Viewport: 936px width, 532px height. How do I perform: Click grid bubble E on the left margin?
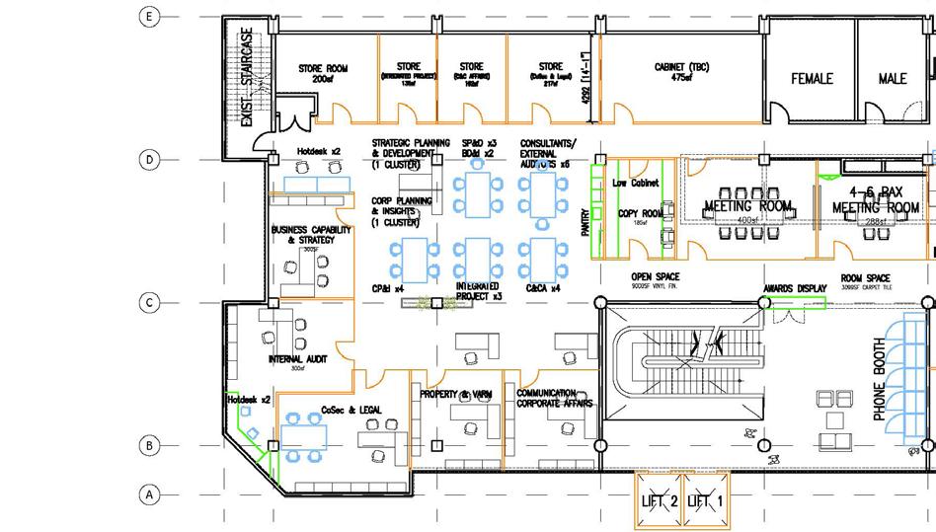click(x=150, y=17)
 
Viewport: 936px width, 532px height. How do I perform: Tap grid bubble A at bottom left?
click(x=150, y=494)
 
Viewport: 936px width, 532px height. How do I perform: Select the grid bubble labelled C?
click(x=150, y=303)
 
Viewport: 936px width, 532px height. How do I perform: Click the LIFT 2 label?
click(x=659, y=501)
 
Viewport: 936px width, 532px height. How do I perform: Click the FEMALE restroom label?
click(x=812, y=78)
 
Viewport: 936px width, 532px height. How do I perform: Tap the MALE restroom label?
click(x=893, y=78)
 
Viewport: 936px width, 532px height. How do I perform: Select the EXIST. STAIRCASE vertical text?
click(x=247, y=77)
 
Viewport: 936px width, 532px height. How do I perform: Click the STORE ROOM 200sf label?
click(x=324, y=73)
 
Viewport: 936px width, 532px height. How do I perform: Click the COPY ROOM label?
click(x=640, y=214)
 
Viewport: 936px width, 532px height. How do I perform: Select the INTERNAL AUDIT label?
click(x=297, y=359)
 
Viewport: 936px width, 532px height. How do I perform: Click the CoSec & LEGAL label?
click(x=351, y=410)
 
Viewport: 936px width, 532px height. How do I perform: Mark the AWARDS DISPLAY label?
click(x=795, y=289)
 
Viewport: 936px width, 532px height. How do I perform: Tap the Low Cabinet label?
click(x=636, y=184)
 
